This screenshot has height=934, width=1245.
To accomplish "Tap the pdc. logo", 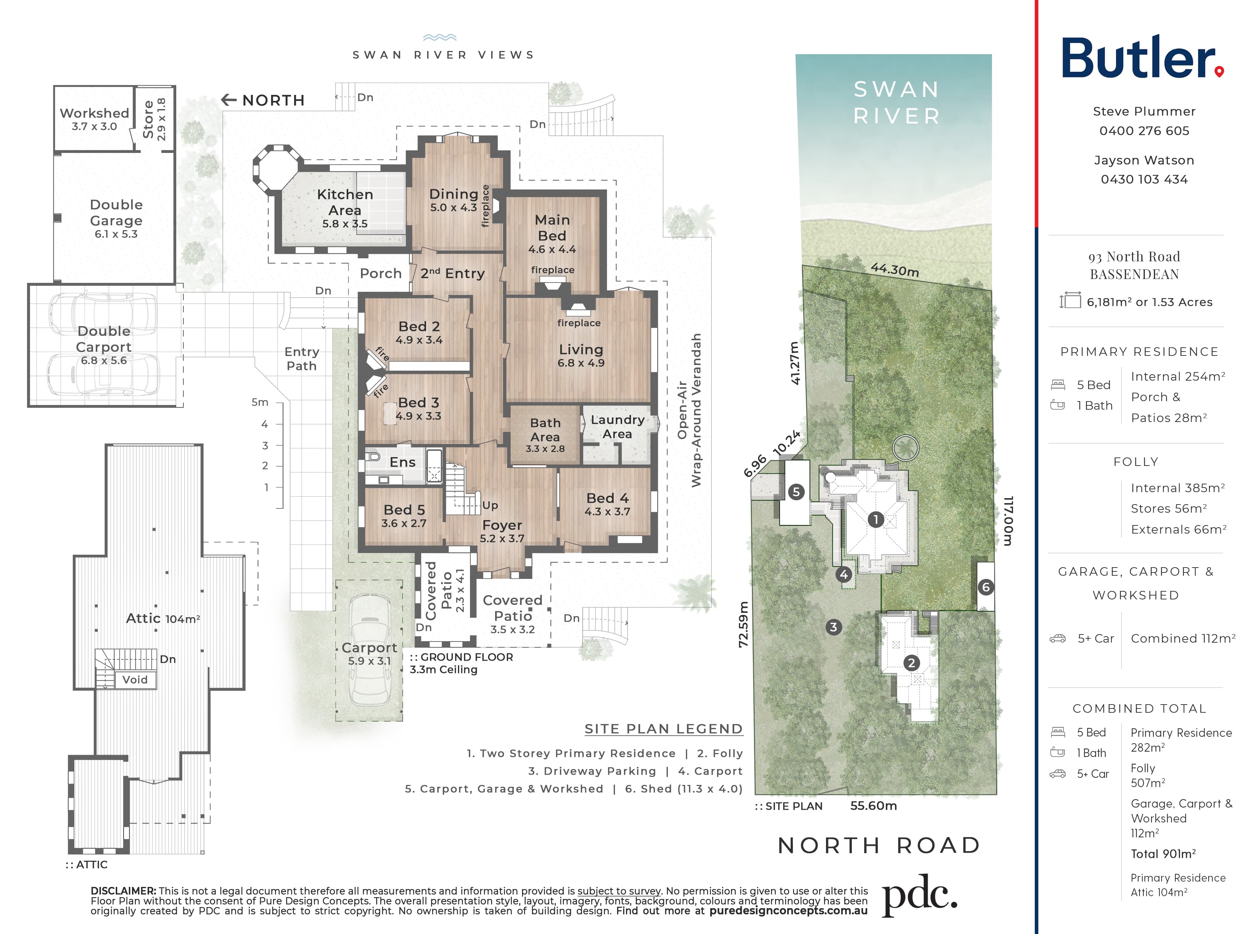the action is coord(919,895).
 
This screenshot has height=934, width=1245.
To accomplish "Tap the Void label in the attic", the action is coord(135,679).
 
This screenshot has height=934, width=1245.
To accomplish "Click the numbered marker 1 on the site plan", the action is coord(876,519).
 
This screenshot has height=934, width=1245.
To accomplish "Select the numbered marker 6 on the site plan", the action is coord(986,587).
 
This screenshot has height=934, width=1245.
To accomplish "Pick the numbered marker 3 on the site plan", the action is coord(833,627).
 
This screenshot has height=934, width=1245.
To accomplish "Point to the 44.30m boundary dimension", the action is coord(895,270).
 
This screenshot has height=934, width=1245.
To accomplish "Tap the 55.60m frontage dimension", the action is coord(873,805).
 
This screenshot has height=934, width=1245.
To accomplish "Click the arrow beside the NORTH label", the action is coord(229,99).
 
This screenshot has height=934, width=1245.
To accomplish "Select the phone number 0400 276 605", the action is coord(1144,131).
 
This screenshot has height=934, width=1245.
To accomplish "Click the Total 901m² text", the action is coord(1163,854).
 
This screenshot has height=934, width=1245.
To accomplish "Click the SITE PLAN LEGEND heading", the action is coord(664,729).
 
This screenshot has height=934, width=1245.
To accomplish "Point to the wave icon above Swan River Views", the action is coord(440,38).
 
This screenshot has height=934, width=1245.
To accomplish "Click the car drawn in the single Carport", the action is coord(369,650).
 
